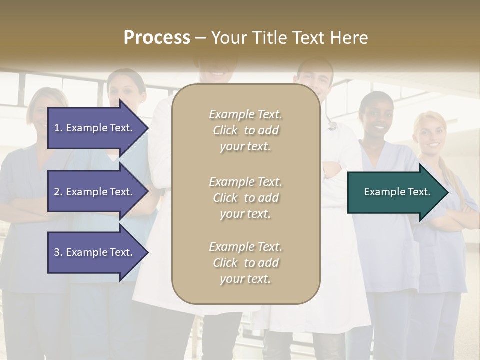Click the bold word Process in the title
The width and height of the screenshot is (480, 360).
coord(157,37)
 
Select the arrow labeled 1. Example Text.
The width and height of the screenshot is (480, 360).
coord(95,128)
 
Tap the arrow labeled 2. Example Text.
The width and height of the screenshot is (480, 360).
coord(95,192)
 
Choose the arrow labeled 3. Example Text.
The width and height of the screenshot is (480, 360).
coord(95,252)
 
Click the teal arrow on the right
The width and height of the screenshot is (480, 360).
coord(395,192)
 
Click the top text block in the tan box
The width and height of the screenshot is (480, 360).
coord(245,130)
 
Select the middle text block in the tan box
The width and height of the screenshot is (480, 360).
coord(245,197)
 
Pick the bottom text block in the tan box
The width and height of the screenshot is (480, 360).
coord(245,263)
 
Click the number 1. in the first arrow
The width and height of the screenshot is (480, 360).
coord(58,128)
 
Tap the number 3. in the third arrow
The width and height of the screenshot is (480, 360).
coord(58,252)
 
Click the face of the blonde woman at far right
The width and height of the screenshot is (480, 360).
coord(430,132)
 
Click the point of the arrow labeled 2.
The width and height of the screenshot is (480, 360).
coord(147,192)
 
